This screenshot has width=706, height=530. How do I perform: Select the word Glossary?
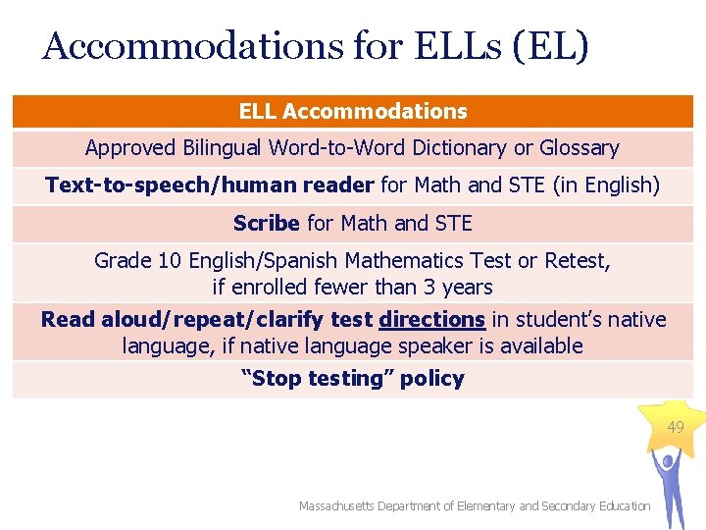click(x=579, y=148)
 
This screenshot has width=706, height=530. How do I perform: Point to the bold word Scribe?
click(x=267, y=224)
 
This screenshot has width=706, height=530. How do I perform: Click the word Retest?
click(x=576, y=261)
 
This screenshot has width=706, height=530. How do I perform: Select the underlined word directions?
click(x=431, y=320)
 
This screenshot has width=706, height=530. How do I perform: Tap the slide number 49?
click(x=676, y=428)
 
